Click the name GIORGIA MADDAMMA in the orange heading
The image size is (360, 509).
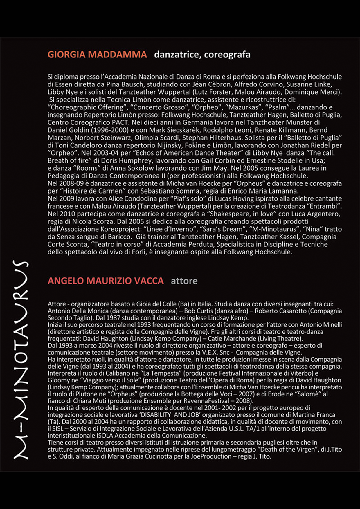click(x=97, y=55)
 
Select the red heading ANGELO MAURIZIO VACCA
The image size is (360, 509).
click(x=106, y=281)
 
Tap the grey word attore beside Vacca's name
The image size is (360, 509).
click(x=184, y=281)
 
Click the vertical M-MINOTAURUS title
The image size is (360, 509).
click(x=21, y=360)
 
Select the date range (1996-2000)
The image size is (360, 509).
click(x=109, y=130)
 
